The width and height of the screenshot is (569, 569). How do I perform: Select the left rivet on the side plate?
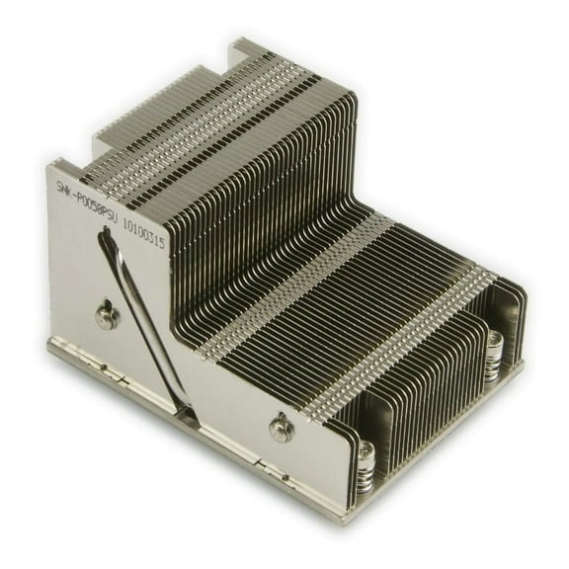click(108, 316)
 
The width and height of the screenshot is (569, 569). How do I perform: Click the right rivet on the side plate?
click(282, 427)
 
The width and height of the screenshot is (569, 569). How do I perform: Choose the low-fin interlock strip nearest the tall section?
click(296, 286)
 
